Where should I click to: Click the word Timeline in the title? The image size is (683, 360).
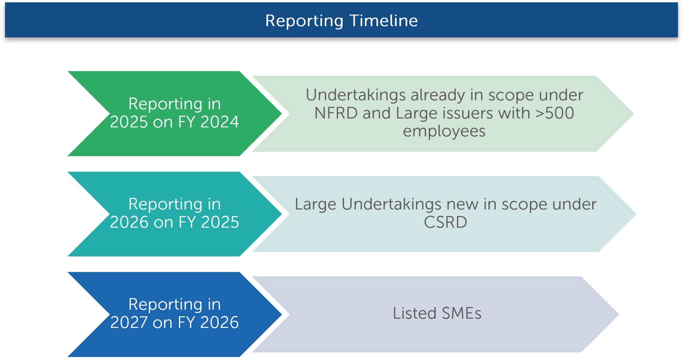point(384,20)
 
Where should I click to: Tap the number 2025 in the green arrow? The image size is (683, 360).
point(129,122)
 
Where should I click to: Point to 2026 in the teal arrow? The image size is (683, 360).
point(129,222)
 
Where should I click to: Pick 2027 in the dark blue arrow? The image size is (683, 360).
point(129,322)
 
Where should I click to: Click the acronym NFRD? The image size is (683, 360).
point(336,113)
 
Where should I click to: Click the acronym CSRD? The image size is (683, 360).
point(445,222)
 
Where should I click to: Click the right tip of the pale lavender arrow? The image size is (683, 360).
point(618,314)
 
